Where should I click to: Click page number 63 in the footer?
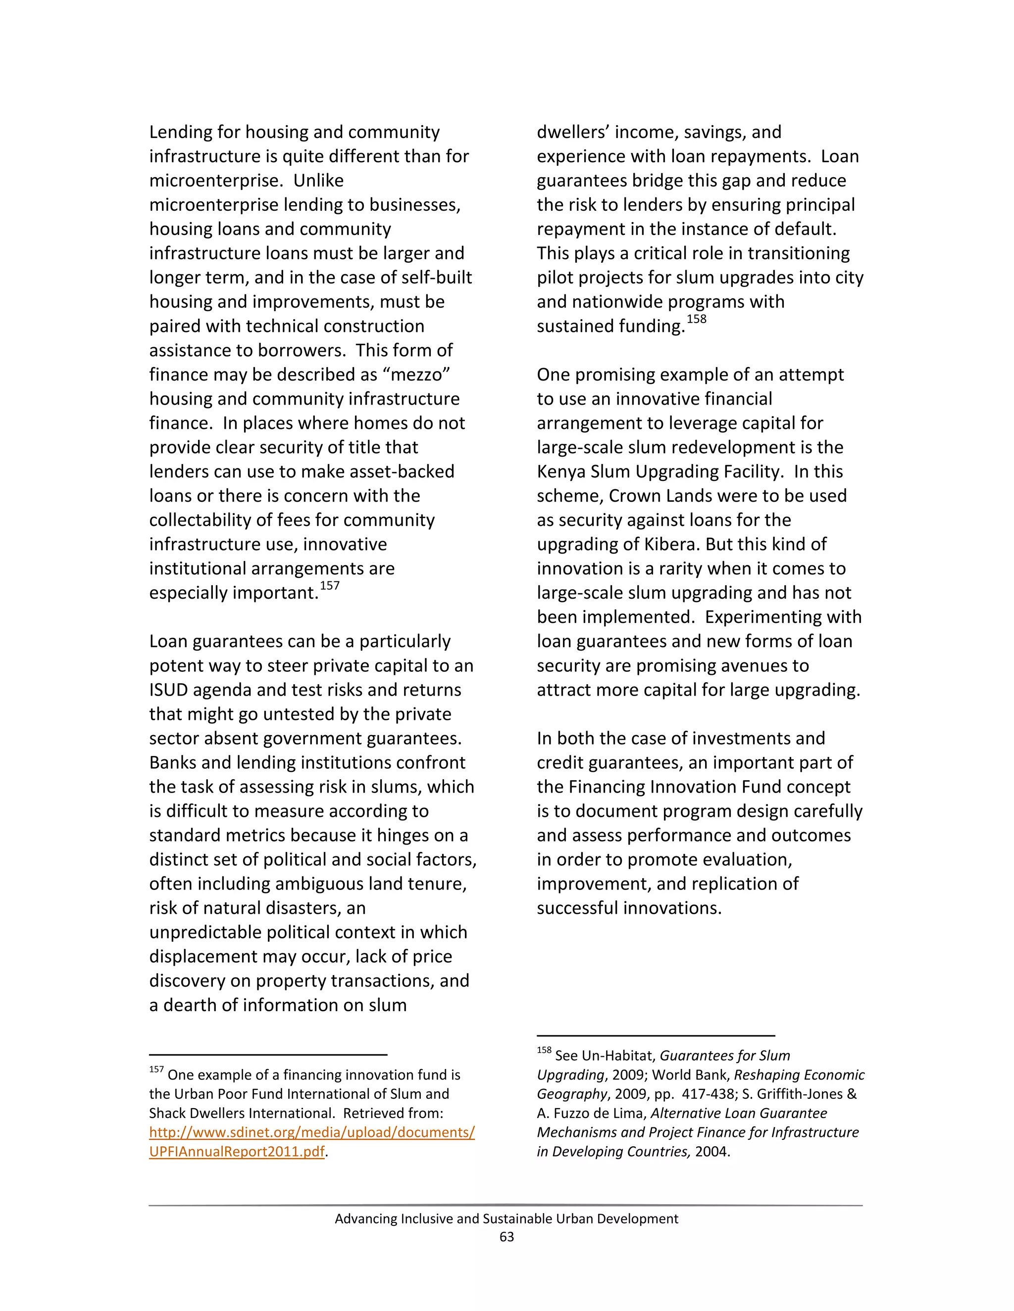(x=507, y=1237)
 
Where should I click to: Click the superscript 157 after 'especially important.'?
(x=330, y=586)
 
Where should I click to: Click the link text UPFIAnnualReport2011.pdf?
(x=237, y=1152)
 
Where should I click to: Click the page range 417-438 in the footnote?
(x=708, y=1094)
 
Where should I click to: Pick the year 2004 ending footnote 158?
(x=711, y=1152)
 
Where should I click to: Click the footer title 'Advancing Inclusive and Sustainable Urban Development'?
(x=507, y=1218)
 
